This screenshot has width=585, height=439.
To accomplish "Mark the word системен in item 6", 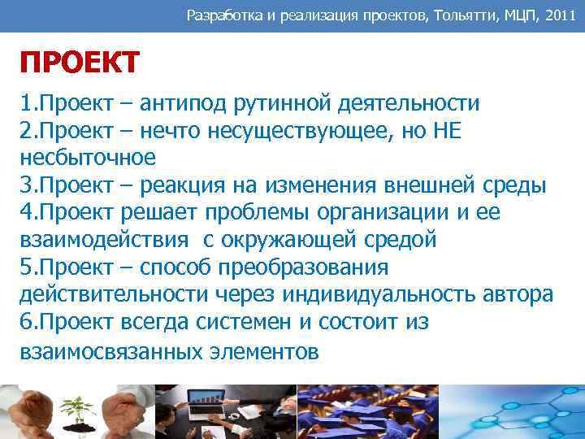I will (245, 322).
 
